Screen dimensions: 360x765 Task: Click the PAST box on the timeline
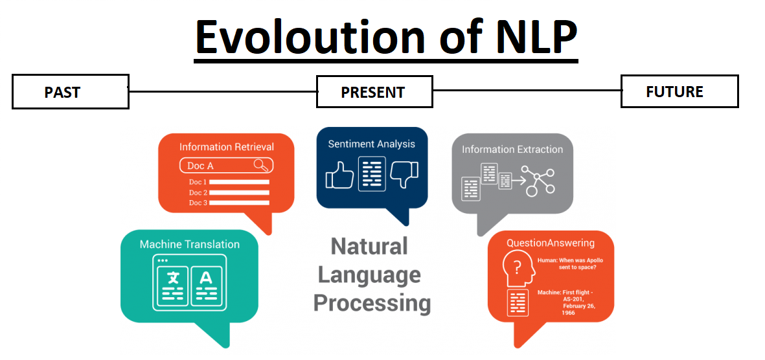70,93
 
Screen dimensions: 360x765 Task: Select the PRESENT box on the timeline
374,92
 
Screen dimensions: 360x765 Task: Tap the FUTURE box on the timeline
679,91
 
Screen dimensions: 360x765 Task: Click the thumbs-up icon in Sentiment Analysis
339,174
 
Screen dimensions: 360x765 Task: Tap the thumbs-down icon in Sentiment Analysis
404,174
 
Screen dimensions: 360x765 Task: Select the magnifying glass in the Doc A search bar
261,165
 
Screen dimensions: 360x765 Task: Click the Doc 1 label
198,183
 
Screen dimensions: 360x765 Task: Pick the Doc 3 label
198,203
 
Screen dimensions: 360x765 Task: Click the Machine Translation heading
189,244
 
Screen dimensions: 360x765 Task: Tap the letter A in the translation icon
206,278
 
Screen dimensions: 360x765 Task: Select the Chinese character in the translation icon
172,278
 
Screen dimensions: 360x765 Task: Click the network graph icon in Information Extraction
538,181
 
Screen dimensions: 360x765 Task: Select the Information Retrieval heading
227,147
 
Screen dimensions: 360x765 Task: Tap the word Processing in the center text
372,302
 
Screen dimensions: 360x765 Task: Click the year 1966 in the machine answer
568,313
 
